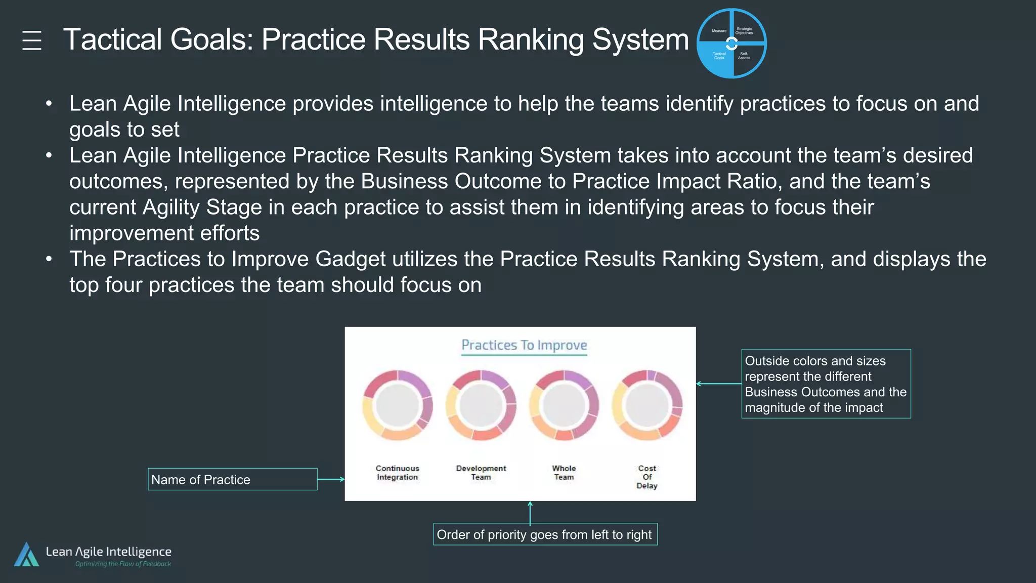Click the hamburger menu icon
point(32,40)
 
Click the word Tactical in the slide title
point(112,39)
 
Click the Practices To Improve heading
point(524,345)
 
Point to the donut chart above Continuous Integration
point(398,405)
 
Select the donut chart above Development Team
point(481,405)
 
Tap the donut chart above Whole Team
point(564,405)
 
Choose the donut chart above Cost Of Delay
point(647,405)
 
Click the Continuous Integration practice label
point(398,473)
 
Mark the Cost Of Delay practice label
point(647,477)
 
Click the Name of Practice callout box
point(232,479)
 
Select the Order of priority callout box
point(545,534)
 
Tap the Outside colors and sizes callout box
point(826,384)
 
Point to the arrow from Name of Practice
point(331,479)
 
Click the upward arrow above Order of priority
point(530,512)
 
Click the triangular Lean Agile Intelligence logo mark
point(27,555)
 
